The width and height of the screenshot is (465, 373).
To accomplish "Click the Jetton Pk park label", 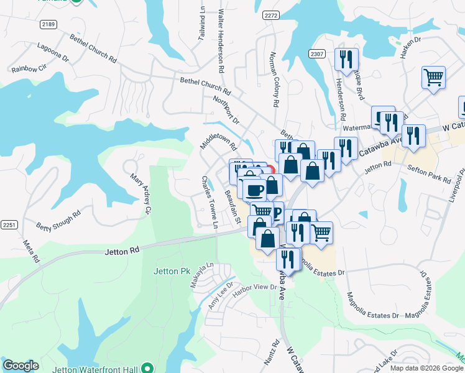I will (x=171, y=272).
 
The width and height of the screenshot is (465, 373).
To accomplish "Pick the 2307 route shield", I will (x=318, y=55).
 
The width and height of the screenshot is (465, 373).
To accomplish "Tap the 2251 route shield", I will (x=9, y=224).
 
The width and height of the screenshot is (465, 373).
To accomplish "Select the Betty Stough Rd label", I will (x=58, y=220).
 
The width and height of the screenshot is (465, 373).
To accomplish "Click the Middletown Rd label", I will (x=219, y=139).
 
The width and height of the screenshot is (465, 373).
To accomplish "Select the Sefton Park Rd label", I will (x=429, y=173).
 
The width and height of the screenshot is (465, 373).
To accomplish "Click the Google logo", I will (x=21, y=366).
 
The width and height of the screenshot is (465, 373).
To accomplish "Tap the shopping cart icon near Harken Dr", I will (x=433, y=78).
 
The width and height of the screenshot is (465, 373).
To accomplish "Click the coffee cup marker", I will (x=253, y=190).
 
